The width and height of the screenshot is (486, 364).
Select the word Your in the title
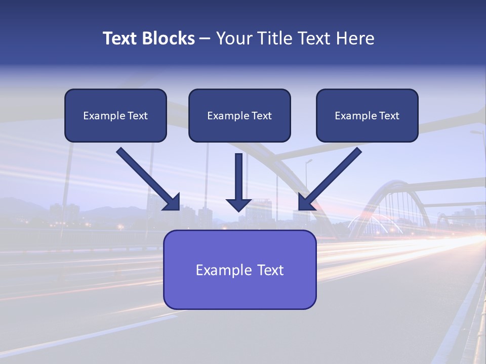tap(233, 38)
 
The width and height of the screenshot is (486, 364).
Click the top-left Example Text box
tap(115, 115)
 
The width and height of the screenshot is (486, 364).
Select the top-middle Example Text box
tap(239, 115)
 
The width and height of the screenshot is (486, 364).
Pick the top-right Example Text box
tap(367, 115)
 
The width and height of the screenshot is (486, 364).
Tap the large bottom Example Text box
tap(239, 269)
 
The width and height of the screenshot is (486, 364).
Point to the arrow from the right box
tap(332, 177)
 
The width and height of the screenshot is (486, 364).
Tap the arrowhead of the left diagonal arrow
tap(173, 202)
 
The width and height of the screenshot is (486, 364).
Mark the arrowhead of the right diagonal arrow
tap(305, 202)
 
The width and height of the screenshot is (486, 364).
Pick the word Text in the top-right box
tap(389, 116)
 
